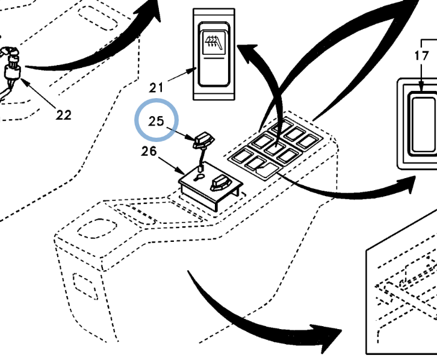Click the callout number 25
157,121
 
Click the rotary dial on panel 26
220,182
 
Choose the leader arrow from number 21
181,77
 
